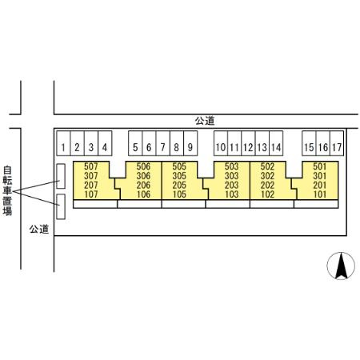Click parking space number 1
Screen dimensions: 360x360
pyautogui.click(x=63, y=143)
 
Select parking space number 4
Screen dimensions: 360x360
pyautogui.click(x=105, y=143)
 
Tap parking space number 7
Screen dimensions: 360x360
pyautogui.click(x=162, y=143)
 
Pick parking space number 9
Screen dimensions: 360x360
pyautogui.click(x=190, y=143)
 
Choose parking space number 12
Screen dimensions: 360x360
pyautogui.click(x=248, y=143)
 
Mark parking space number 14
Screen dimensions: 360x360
pyautogui.click(x=276, y=143)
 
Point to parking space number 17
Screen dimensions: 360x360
pyautogui.click(x=337, y=143)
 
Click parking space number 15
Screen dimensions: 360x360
pyautogui.click(x=309, y=143)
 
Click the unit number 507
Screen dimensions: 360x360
pyautogui.click(x=91, y=166)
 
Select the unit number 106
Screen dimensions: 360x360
pyautogui.click(x=143, y=194)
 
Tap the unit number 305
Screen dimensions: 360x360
pyautogui.click(x=179, y=176)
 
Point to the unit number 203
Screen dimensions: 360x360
pyautogui.click(x=231, y=185)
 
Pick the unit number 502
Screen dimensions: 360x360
pyautogui.click(x=267, y=166)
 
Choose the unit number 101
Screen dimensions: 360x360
pyautogui.click(x=320, y=194)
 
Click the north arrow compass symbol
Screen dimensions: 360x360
pyautogui.click(x=341, y=266)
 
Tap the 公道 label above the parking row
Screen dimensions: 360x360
pyautogui.click(x=205, y=121)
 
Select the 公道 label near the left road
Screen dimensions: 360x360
pyautogui.click(x=39, y=229)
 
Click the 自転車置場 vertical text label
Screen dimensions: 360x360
pyautogui.click(x=7, y=190)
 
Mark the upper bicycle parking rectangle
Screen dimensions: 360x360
pyautogui.click(x=61, y=176)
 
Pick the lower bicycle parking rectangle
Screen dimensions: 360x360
pyautogui.click(x=61, y=206)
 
